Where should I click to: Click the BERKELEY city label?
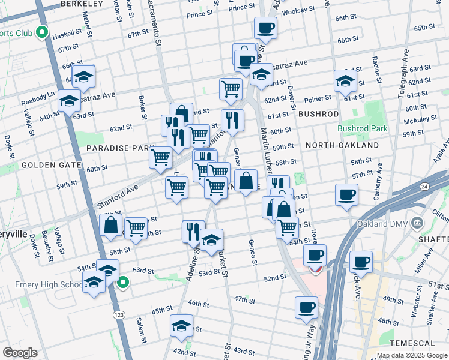tap(81, 4)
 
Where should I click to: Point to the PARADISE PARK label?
tap(115, 148)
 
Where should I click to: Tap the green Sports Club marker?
tap(42, 32)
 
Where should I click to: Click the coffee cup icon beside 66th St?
tap(265, 28)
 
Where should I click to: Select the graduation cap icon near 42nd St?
tap(181, 326)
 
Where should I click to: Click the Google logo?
tap(20, 352)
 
